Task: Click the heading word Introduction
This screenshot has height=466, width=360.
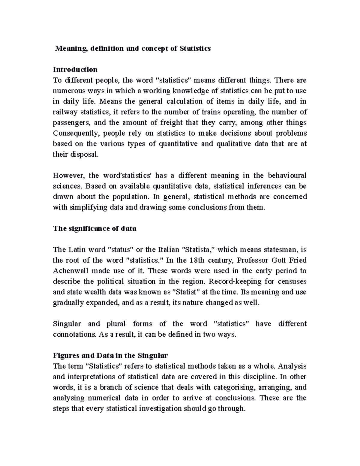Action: pos(75,70)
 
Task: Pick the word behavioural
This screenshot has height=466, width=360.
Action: pos(287,176)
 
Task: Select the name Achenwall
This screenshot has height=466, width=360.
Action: pos(70,271)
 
